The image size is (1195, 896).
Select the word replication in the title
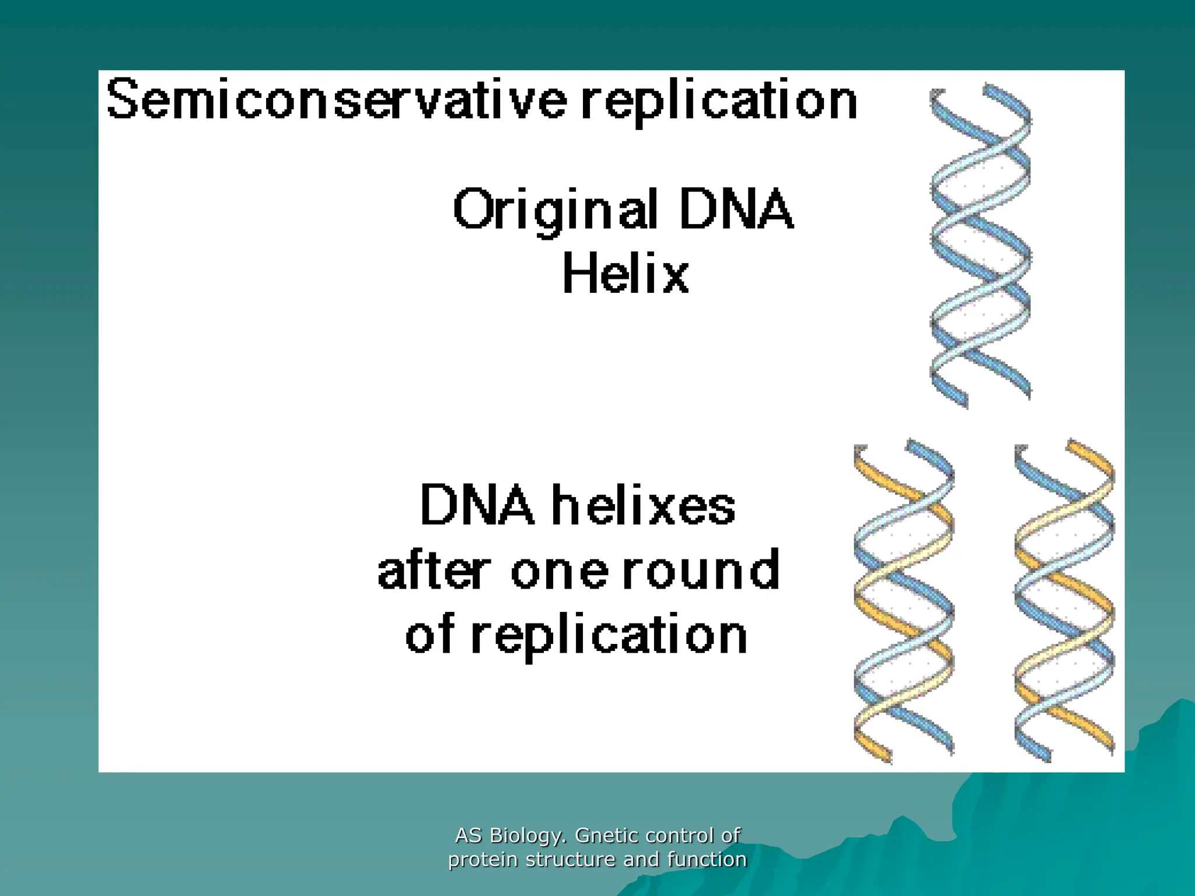coord(719,102)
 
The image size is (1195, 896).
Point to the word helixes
coord(644,505)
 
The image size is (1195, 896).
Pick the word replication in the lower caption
coord(609,636)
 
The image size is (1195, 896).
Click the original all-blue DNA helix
coord(980,245)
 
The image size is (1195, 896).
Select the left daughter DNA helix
coord(904,601)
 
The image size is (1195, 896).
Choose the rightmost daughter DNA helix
coord(1064,601)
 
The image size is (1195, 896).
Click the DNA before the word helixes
coord(477,505)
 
